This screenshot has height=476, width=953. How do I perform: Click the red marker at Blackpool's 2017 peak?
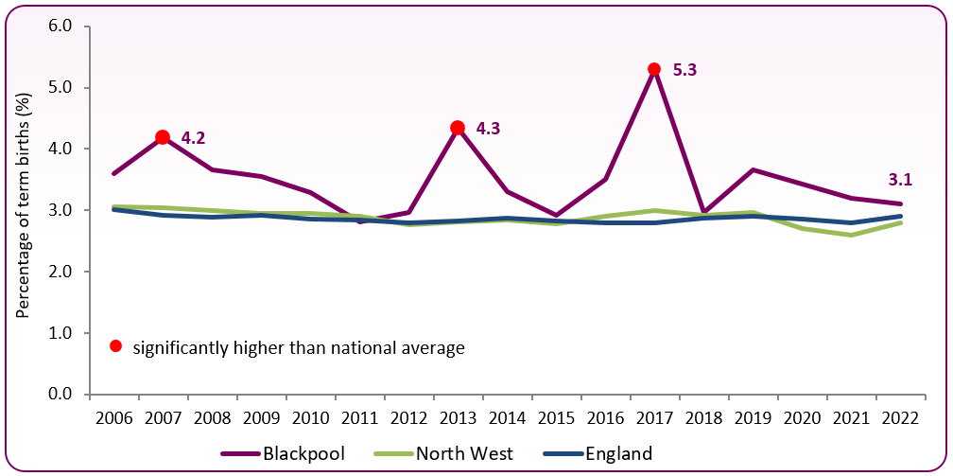653,69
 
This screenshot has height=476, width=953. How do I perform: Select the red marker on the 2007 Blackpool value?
163,137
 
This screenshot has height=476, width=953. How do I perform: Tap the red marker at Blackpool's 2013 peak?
458,128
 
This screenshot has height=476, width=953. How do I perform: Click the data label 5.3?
685,69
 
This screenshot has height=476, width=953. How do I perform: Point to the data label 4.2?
193,138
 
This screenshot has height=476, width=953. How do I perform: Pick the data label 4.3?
488,128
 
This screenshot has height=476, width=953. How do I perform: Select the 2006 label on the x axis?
113,418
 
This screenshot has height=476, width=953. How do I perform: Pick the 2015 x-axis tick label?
555,418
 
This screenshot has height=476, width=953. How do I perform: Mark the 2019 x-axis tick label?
752,418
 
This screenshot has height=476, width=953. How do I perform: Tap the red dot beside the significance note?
115,346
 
